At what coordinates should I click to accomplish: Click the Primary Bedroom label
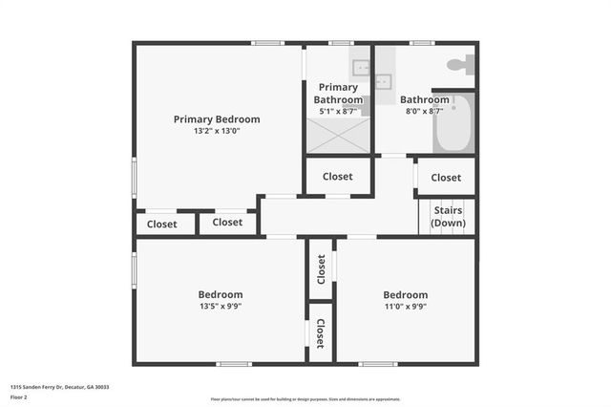pos(217,119)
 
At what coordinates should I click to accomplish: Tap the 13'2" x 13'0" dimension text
pos(217,131)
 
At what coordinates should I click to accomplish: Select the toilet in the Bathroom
pos(459,66)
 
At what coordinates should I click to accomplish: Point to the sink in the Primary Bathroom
pos(361,67)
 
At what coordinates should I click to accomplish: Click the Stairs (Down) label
pos(448,216)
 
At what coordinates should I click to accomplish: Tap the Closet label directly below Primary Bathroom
pos(337,177)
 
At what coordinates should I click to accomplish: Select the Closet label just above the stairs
pos(446,178)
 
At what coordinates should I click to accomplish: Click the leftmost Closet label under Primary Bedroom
pos(161,225)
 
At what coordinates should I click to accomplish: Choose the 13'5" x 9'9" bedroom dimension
pos(221,307)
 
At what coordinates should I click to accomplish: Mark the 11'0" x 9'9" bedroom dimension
pos(405,307)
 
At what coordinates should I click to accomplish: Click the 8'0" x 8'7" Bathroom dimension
pos(424,112)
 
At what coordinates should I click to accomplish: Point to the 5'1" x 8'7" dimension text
pos(339,112)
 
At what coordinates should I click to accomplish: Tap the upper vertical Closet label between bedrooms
pos(322,269)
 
